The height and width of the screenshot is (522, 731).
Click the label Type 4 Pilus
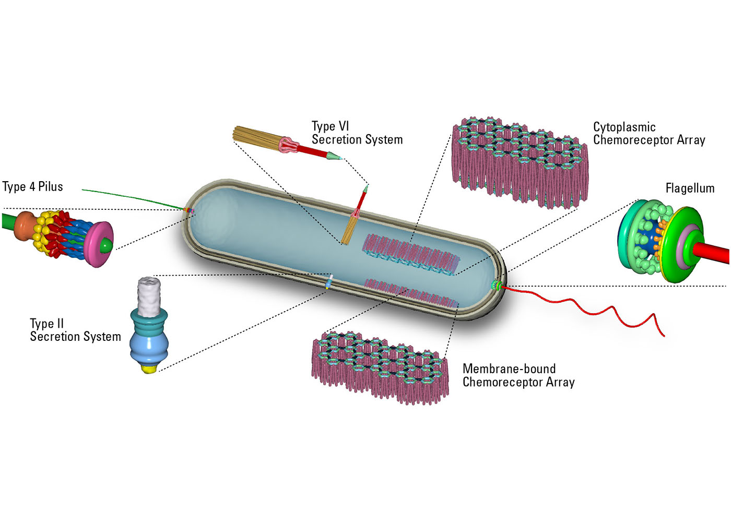32,187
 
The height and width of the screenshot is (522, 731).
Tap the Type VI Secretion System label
357,133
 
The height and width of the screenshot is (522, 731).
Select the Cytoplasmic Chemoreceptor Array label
649,134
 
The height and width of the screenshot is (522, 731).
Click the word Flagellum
690,188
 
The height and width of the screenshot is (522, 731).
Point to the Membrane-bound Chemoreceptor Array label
518,375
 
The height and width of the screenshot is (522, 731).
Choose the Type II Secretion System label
75,330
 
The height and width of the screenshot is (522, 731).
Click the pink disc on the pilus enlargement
99,244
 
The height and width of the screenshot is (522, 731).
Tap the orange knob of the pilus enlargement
24,226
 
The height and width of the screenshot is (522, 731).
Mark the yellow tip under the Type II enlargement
150,369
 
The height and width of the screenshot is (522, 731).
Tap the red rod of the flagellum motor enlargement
713,253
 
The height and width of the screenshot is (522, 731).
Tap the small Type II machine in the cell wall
329,282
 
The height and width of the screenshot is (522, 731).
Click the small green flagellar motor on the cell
496,284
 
